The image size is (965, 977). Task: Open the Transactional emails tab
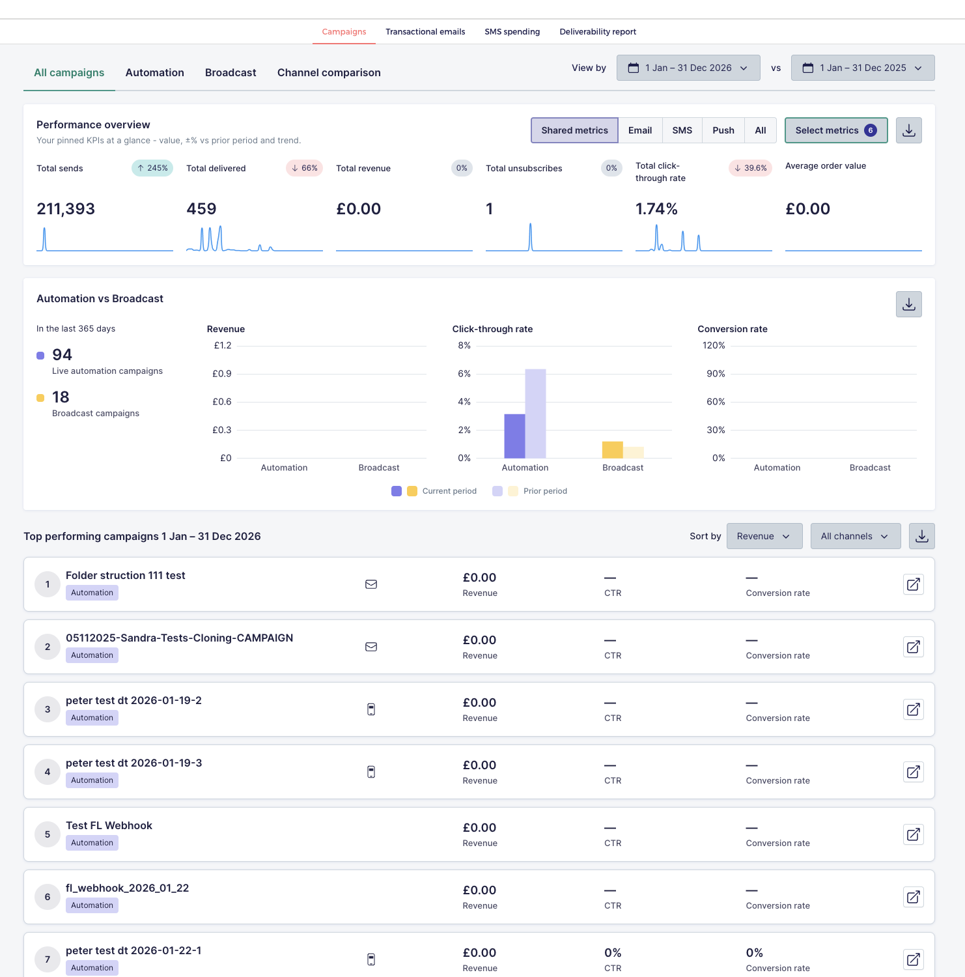pos(425,31)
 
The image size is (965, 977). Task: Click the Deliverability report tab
pos(598,31)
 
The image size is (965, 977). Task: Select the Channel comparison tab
pos(329,72)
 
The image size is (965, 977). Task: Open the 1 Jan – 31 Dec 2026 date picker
pos(688,68)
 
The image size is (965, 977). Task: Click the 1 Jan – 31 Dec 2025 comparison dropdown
pos(863,68)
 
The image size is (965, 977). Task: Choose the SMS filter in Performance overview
pos(682,130)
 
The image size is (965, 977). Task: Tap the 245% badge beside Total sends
pos(152,168)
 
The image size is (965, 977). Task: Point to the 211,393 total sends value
pos(66,209)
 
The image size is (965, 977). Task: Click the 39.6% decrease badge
pos(750,168)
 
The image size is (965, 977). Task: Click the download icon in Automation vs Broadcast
pos(909,304)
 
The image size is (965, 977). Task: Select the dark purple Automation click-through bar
pos(514,436)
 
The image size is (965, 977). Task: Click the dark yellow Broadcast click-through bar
pos(613,449)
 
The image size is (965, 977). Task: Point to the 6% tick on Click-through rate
pos(464,374)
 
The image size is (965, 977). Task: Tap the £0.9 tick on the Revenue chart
pos(222,374)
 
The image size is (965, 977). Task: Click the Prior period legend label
pos(545,491)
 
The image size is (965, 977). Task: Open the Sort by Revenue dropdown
pos(764,536)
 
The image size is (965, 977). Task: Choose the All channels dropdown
pos(856,536)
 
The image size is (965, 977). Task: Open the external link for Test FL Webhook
pos(914,834)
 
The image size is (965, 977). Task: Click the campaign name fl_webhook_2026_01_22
pos(128,888)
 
